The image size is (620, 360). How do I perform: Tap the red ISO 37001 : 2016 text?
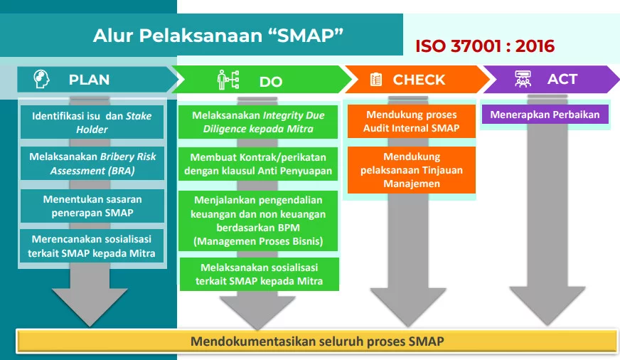tap(485, 47)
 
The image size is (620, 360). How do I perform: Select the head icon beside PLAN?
tap(42, 80)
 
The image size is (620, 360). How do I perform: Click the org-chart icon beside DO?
tap(228, 80)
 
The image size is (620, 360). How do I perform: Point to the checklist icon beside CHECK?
tap(376, 80)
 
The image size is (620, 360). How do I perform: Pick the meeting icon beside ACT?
tap(521, 79)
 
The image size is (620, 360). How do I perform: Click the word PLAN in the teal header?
tap(89, 80)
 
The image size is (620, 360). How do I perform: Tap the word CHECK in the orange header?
tap(419, 80)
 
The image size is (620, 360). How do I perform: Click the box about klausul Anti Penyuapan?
tap(257, 164)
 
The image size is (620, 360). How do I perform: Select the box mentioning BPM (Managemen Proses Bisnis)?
tap(257, 220)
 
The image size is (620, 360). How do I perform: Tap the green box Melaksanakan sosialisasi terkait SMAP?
tap(259, 274)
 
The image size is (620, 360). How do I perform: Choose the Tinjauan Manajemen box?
tap(411, 170)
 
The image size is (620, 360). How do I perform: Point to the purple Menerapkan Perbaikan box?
tap(545, 115)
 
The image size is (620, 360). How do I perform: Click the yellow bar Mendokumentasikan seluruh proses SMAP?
tap(317, 342)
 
